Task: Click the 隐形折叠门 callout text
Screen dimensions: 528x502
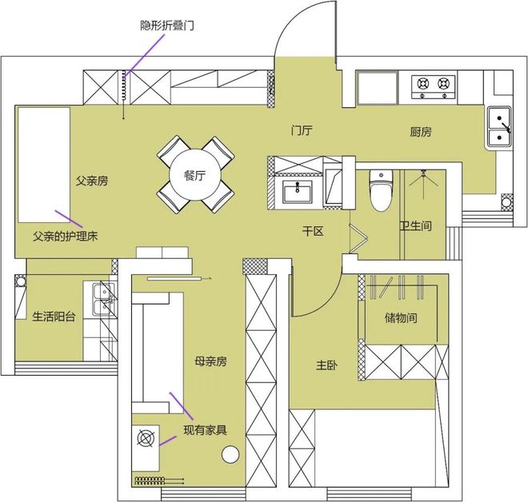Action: (167, 26)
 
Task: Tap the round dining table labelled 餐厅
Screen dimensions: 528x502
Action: (194, 175)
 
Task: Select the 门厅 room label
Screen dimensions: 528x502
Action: (302, 130)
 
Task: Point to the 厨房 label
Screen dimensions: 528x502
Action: (421, 132)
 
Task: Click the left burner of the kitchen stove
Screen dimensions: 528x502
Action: (422, 83)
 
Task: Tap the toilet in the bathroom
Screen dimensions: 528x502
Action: (381, 190)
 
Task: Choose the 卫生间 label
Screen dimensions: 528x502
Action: (415, 225)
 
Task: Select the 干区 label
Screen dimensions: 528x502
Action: (313, 231)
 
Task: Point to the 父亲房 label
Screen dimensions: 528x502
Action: (92, 181)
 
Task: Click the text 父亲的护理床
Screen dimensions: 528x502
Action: (66, 236)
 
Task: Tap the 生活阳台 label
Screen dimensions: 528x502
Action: (54, 317)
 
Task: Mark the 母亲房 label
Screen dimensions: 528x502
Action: (210, 361)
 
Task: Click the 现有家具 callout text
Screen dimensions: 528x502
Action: (205, 430)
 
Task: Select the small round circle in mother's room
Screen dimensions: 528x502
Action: (230, 455)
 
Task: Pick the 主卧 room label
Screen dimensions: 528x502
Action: (327, 365)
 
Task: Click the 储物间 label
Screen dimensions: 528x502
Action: (401, 317)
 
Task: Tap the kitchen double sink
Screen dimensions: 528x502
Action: (499, 126)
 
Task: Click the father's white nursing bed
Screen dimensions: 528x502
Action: (44, 165)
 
